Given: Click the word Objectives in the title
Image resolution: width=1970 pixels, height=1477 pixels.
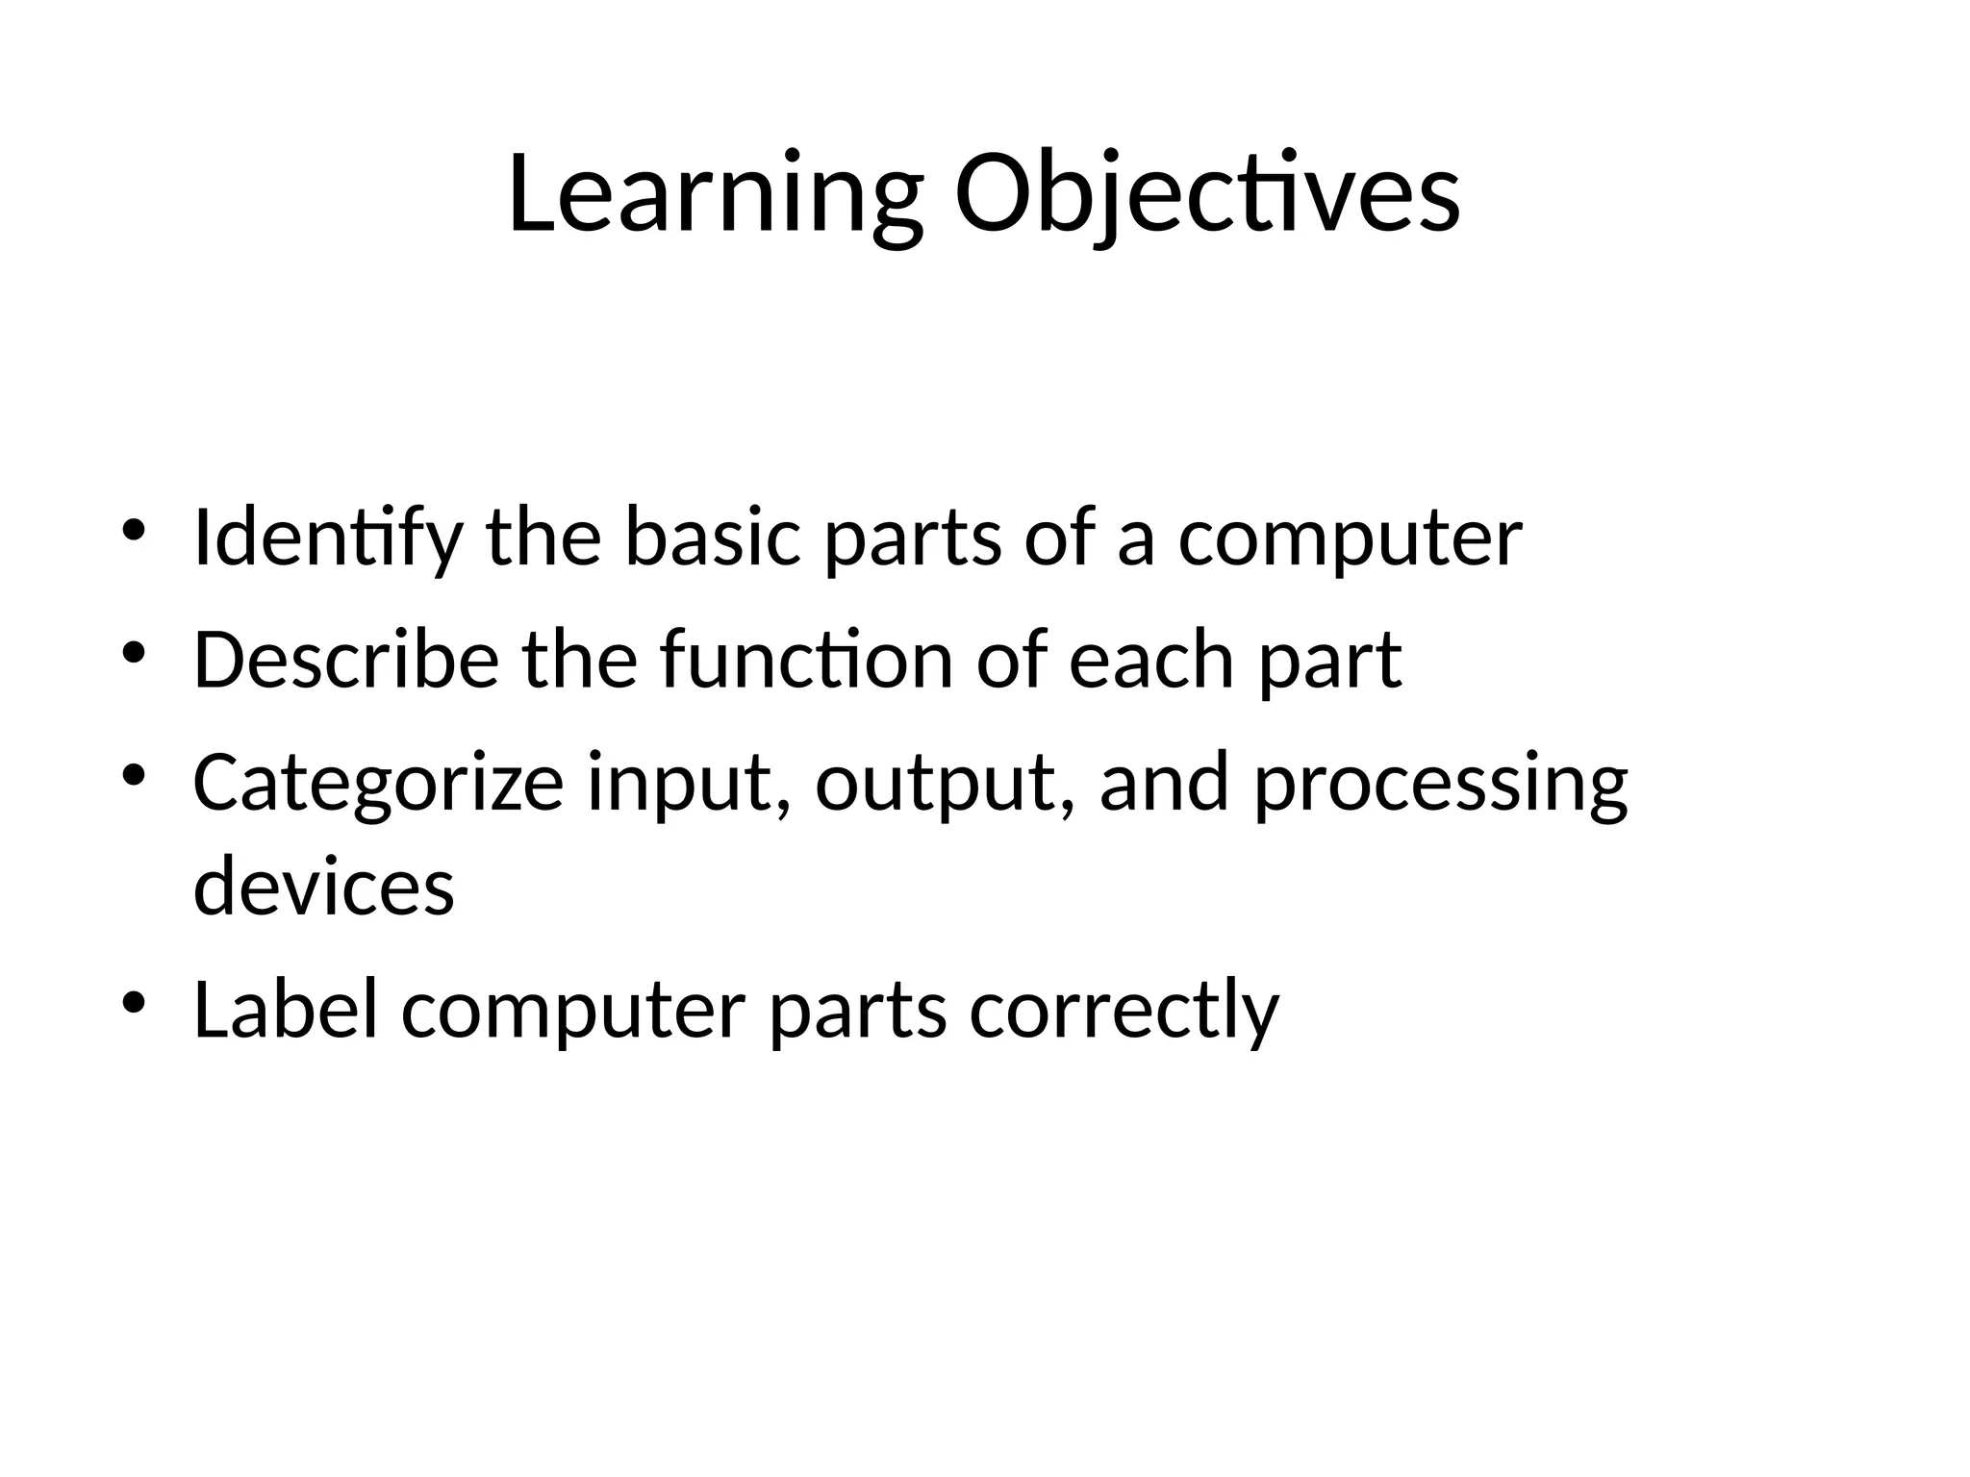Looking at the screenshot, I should [1206, 196].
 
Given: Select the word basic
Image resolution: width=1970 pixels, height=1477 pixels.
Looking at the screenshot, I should [712, 538].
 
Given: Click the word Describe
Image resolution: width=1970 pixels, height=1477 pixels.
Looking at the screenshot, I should [346, 661].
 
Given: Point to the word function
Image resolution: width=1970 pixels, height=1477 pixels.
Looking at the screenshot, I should [806, 661].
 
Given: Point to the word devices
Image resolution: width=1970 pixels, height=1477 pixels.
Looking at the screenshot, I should [323, 887].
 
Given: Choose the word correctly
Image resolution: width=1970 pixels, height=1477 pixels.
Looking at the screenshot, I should [1124, 1012].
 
